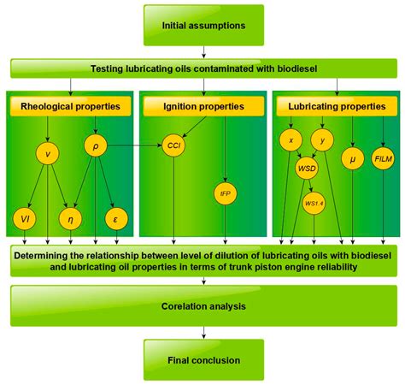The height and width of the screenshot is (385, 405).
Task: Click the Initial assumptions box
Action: coord(202,25)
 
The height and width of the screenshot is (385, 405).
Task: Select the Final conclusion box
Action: coord(202,360)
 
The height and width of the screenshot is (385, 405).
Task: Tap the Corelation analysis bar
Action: coord(202,305)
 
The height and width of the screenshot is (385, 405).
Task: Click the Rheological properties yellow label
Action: coord(71,106)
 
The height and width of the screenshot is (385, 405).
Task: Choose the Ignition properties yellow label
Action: coord(202,106)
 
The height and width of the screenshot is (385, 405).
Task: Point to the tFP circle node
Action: coord(225,193)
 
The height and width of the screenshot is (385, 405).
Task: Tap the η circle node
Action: coord(71,219)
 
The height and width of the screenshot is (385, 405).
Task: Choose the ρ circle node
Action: coord(95,146)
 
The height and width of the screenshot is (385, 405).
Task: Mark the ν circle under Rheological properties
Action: coord(48,154)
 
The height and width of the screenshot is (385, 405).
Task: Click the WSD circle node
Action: coord(307,169)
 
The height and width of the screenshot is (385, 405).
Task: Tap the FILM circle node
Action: coord(383,159)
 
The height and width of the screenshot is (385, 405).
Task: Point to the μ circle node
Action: coord(351,159)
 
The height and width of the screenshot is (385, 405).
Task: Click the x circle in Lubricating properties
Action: coord(291,139)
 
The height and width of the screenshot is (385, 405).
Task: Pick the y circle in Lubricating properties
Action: coord(322,139)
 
